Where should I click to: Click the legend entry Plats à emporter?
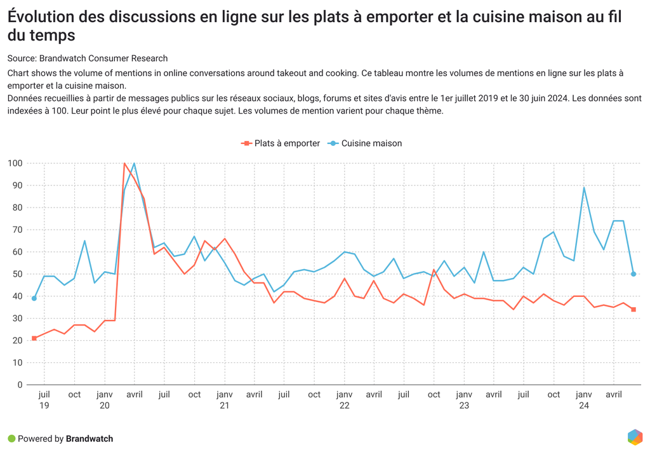(x=281, y=143)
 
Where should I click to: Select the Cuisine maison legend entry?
(x=365, y=143)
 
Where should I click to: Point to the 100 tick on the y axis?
(x=15, y=163)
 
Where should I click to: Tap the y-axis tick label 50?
(x=17, y=274)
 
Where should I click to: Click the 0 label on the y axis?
(x=20, y=385)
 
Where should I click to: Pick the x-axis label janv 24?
(x=584, y=400)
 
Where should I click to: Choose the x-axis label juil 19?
(x=44, y=400)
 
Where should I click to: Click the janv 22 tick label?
(x=345, y=400)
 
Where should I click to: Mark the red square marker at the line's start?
(x=34, y=339)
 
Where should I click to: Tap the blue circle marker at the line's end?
(x=633, y=274)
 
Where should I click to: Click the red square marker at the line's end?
(x=633, y=310)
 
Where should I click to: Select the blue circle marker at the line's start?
(x=34, y=298)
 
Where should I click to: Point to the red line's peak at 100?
(x=124, y=163)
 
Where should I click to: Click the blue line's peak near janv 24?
(x=584, y=188)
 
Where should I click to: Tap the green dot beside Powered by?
(x=11, y=439)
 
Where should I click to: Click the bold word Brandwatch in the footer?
(x=90, y=439)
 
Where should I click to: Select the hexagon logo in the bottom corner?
(x=635, y=437)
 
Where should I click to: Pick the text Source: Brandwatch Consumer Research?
(x=88, y=58)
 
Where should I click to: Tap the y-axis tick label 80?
(x=17, y=208)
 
